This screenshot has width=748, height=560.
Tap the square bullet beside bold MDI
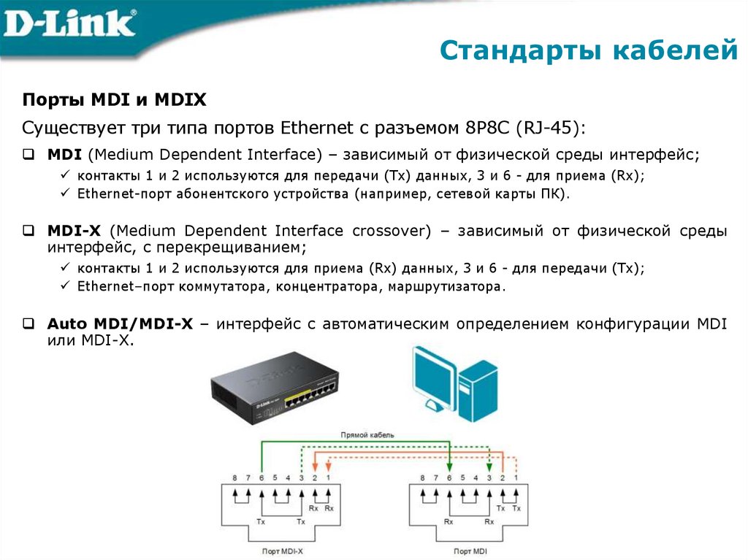tap(28, 155)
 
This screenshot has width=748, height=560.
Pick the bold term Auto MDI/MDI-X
tap(120, 324)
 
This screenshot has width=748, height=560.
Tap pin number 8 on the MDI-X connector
tap(234, 477)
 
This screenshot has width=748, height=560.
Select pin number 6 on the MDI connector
tap(449, 477)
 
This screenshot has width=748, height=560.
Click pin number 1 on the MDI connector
tap(516, 477)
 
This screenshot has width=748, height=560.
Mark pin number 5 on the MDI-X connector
tap(275, 477)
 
